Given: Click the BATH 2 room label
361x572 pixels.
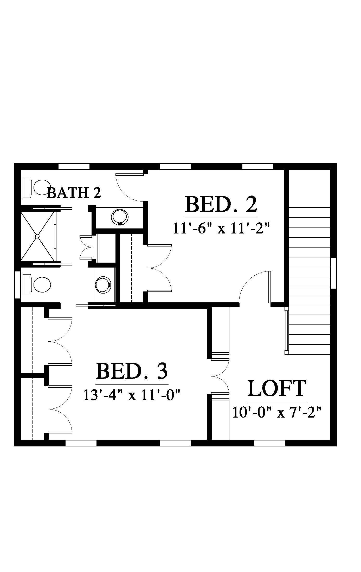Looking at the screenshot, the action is [74, 193].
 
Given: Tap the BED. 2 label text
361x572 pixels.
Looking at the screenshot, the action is [221, 205].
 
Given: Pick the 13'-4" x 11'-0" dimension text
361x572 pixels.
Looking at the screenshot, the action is [132, 396].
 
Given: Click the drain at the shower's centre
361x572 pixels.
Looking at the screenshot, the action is [37, 236].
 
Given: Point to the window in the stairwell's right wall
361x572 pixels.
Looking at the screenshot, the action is [333, 273].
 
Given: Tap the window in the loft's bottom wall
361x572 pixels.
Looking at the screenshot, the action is [269, 443].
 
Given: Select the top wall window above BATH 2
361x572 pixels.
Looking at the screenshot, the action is [74, 166].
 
